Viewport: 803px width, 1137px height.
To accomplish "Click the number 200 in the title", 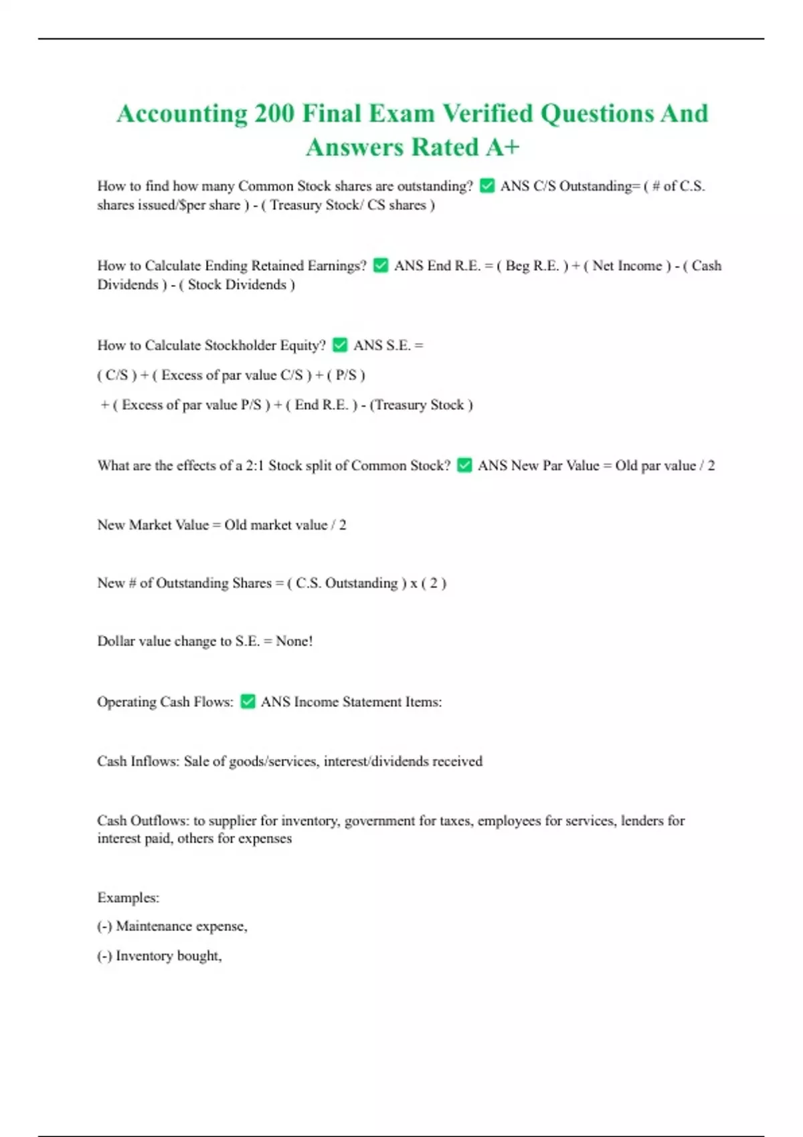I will tap(274, 113).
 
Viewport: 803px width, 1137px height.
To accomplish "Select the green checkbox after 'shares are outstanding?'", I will tap(487, 186).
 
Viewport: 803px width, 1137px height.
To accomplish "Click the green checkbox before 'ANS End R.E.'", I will tap(381, 266).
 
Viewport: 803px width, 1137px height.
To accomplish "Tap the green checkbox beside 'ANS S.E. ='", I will tap(340, 345).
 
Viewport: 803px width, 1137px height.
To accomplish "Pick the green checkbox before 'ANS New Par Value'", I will tap(464, 466).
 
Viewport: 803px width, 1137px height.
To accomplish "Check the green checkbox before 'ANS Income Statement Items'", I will tap(248, 702).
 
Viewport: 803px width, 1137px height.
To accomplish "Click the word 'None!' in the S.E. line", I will tap(294, 641).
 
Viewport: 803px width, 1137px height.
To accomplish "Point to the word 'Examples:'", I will tap(128, 898).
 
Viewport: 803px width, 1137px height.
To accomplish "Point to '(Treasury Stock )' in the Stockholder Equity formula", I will tap(422, 405).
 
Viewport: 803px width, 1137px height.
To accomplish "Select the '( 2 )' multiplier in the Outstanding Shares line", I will tap(434, 583).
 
